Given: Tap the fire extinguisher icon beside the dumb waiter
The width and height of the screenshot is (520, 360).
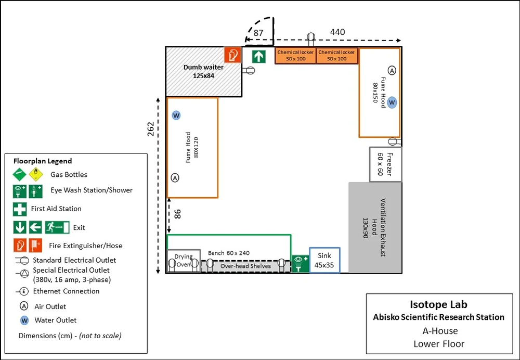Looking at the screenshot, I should point(232,55).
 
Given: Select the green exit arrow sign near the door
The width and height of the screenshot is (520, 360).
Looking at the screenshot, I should point(259,56).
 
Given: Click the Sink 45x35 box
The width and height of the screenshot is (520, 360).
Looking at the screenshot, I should point(324,260).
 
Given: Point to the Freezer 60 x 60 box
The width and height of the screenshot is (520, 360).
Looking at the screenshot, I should point(385,164).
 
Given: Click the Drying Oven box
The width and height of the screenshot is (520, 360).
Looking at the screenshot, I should point(184,261).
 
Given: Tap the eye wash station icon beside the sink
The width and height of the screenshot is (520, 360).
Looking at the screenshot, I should point(300,263).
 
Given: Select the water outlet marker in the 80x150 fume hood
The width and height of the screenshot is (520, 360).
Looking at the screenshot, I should point(392,102).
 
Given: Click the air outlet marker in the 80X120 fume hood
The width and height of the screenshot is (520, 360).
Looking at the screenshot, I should point(175,178).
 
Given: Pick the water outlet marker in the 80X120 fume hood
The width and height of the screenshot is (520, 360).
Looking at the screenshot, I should point(176,115).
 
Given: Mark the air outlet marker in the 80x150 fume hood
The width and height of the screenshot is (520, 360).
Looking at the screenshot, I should point(392,70).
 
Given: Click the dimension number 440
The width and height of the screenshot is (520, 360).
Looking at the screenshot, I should point(337,32).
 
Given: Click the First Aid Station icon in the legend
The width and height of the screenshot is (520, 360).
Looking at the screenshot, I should point(20,209).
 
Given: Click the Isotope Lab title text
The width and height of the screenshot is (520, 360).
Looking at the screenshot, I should point(438,305).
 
